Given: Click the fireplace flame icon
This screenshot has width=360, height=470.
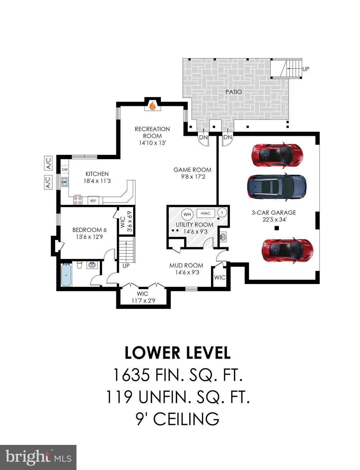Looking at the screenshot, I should click(152, 106).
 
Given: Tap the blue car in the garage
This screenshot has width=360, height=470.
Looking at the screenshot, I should click(276, 187).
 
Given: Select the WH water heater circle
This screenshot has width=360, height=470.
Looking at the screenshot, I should click(187, 214).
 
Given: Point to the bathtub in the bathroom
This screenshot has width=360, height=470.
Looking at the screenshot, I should click(66, 275).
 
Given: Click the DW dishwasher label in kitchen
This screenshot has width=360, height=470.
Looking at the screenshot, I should click(65, 170).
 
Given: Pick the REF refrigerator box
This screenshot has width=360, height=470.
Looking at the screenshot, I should click(93, 201).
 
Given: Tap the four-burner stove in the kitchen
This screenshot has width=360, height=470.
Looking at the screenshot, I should click(78, 200).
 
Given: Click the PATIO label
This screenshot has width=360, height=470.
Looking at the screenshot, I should click(233, 92).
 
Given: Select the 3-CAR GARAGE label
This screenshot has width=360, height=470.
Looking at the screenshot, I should click(274, 212).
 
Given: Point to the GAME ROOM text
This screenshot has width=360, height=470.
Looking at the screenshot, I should click(192, 170).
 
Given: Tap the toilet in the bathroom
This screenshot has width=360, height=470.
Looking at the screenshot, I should click(80, 265).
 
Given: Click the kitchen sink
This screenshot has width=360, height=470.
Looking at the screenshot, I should click(65, 182).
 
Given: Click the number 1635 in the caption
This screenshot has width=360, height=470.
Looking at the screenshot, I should click(132, 375).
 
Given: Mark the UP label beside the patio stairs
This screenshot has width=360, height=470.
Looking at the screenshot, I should click(305, 69).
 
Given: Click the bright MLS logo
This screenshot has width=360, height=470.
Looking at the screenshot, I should click(38, 457).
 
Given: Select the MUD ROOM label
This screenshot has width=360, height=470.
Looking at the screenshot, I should click(186, 265).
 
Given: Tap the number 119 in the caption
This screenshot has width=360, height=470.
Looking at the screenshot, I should click(119, 397).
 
